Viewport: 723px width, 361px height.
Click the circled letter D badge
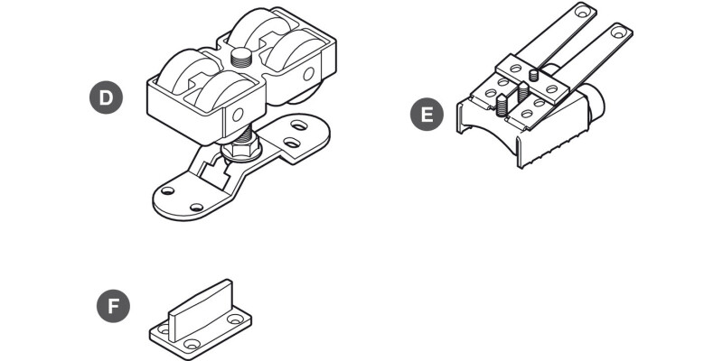coord(106,97)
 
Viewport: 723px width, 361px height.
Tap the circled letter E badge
coord(427,115)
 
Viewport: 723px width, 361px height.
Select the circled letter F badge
coord(114,306)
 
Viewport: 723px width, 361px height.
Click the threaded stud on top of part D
coord(240,58)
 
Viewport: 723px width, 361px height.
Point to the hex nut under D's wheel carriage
coord(241,150)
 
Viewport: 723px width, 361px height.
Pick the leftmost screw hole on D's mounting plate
coord(167,190)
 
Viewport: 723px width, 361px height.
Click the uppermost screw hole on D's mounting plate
coord(300,125)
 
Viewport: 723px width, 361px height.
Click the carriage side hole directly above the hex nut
coord(238,115)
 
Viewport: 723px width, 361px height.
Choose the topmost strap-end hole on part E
coord(584,10)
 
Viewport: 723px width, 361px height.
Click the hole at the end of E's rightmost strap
coord(619,32)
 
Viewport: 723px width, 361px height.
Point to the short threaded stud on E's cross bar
coord(533,75)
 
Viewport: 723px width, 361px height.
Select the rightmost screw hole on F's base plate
coord(235,319)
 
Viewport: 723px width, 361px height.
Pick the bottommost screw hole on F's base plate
coord(192,344)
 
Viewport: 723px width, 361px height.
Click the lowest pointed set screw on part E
coord(502,105)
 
